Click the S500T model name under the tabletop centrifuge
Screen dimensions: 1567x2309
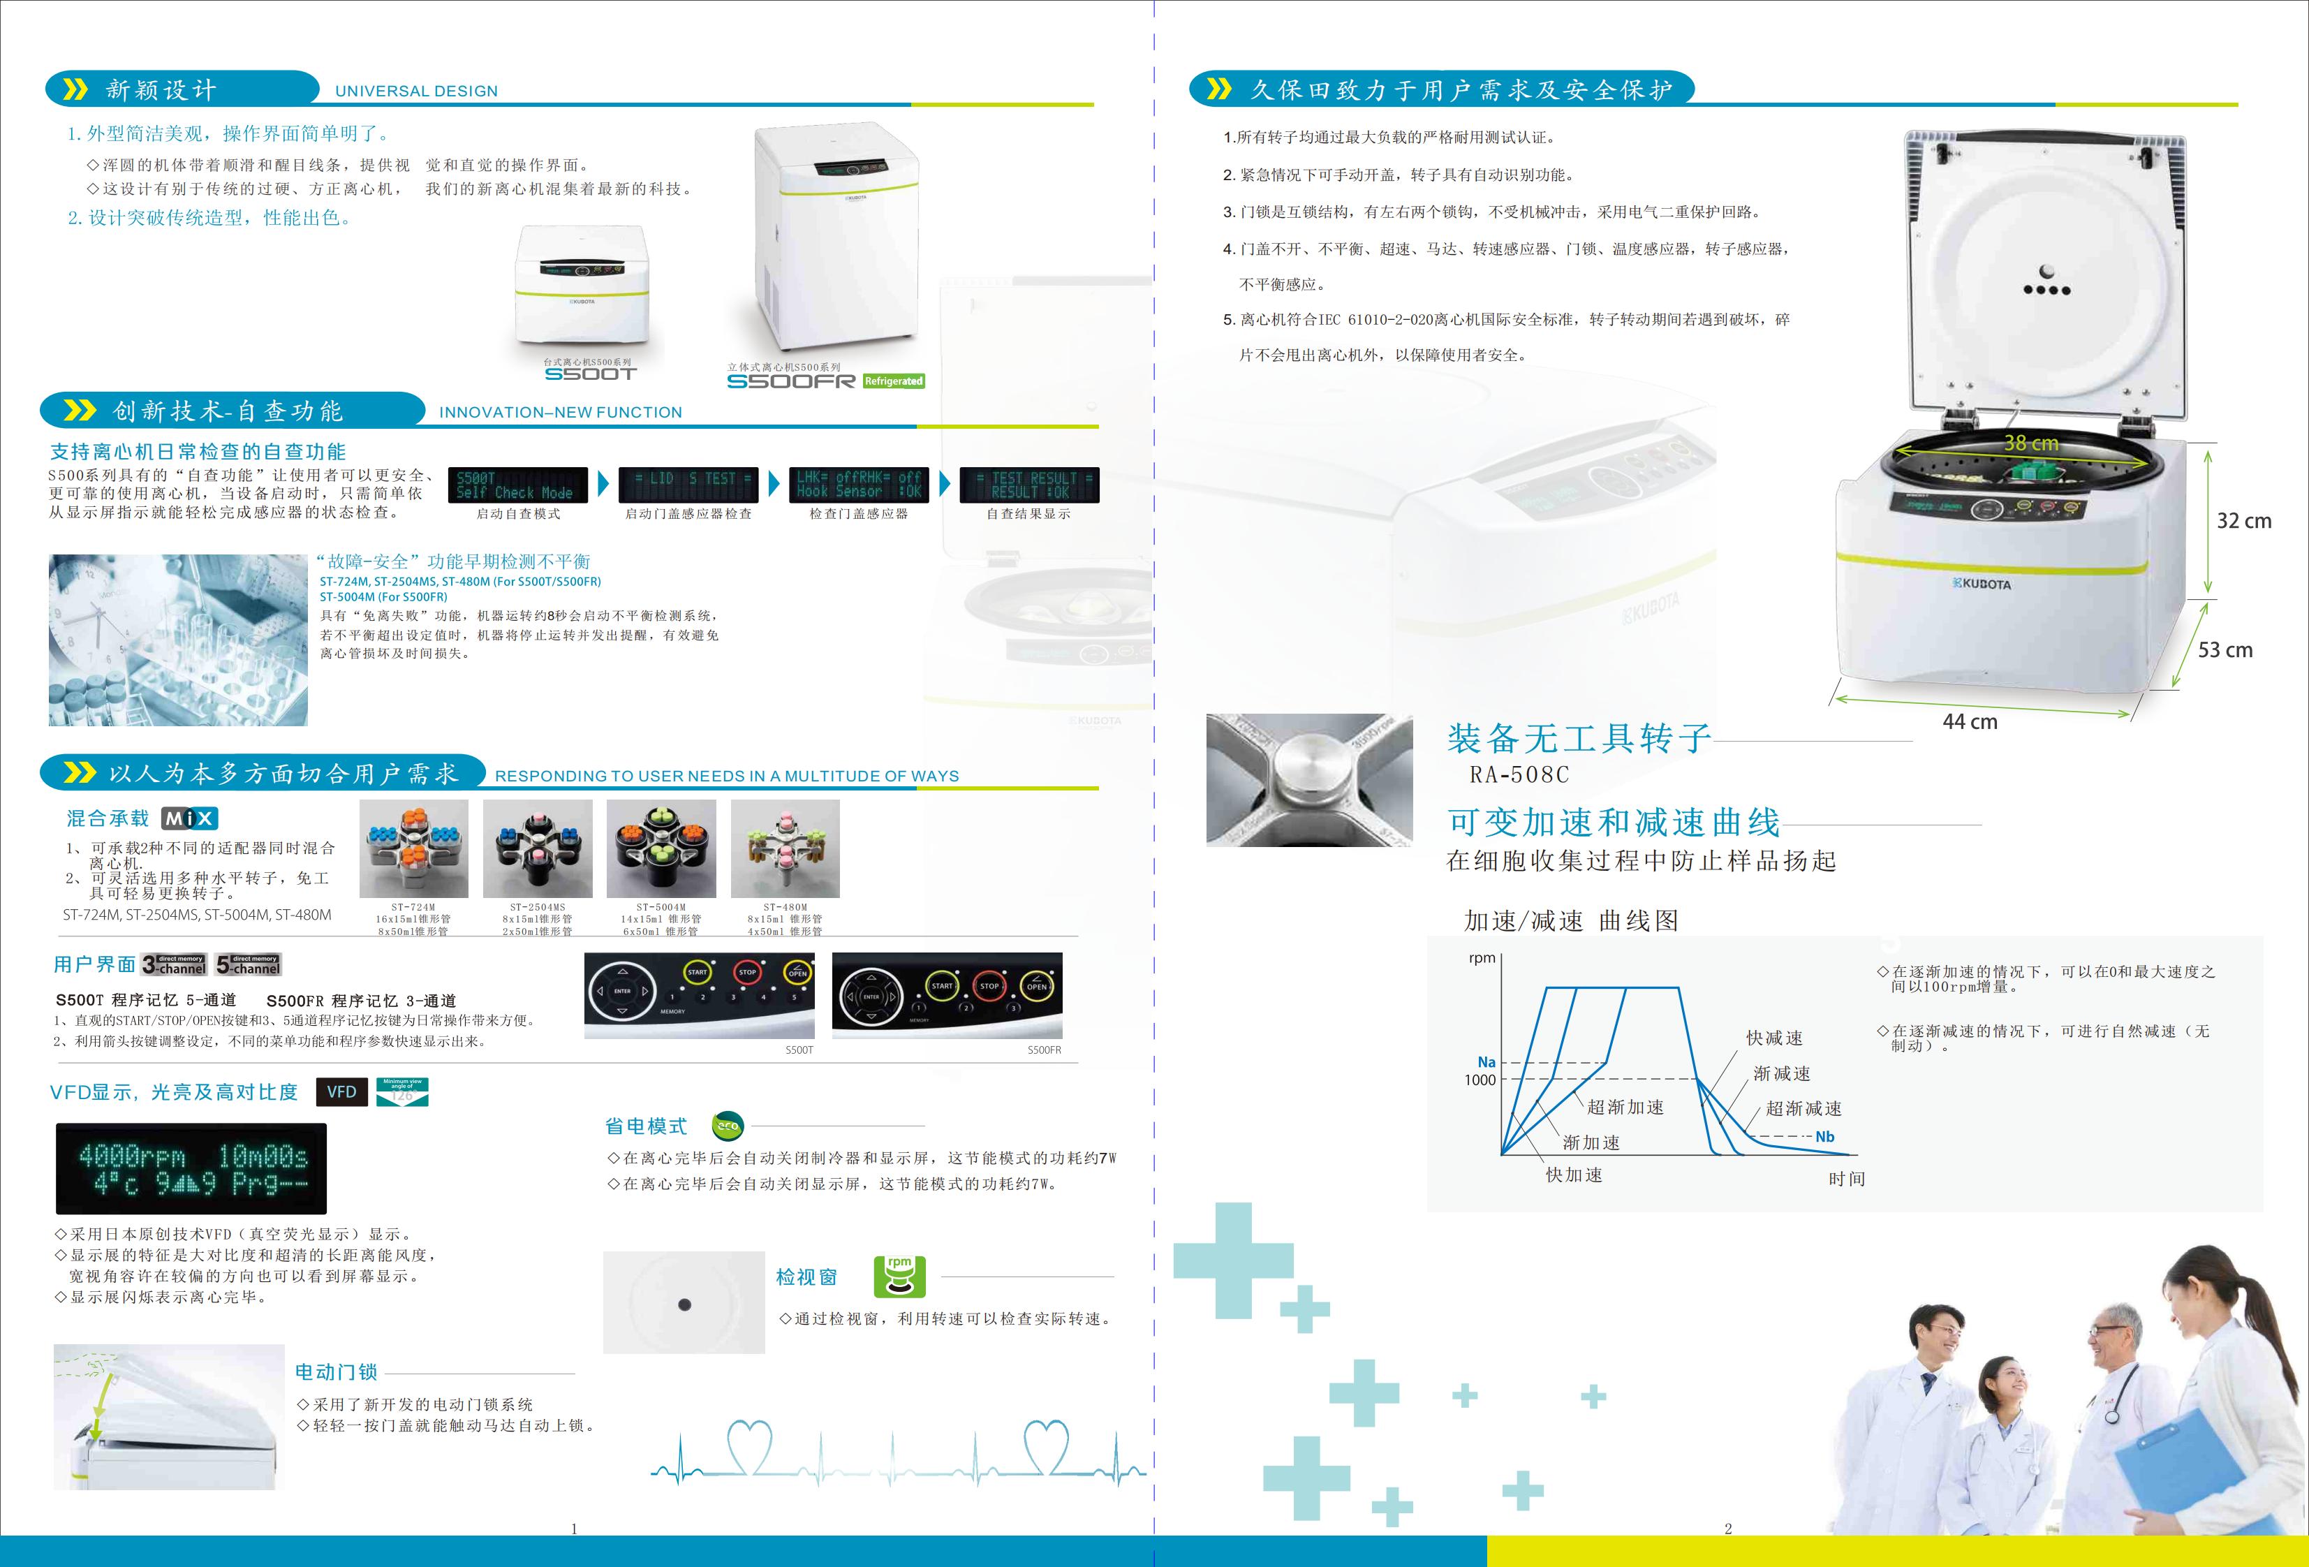589,374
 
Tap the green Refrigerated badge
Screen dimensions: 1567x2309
893,381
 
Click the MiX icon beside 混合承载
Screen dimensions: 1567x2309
189,818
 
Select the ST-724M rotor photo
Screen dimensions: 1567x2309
413,848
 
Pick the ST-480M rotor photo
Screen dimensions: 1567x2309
785,848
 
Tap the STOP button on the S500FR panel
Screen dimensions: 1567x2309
989,986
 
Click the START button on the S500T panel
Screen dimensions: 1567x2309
698,973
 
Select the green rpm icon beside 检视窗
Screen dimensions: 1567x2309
899,1277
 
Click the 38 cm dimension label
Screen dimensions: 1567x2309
2031,443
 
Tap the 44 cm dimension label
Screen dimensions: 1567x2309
1969,722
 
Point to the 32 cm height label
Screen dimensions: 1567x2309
2243,521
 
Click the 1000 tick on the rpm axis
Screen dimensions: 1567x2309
1480,1080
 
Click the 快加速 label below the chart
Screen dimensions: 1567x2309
1574,1175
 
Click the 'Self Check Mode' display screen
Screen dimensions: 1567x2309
517,485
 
